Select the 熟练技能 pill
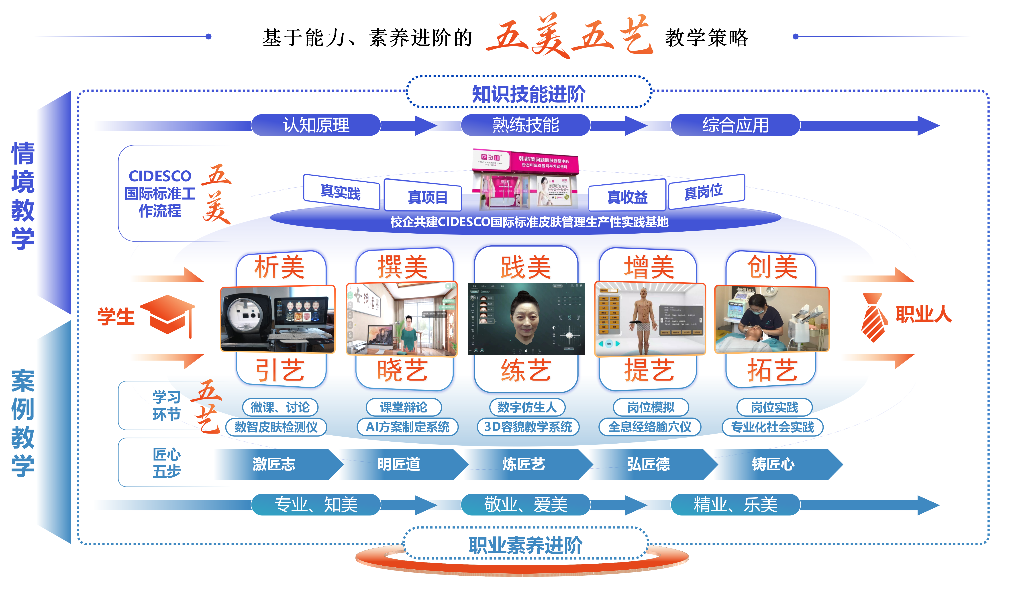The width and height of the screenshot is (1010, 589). pyautogui.click(x=525, y=125)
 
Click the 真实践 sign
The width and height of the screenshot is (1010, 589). pyautogui.click(x=341, y=192)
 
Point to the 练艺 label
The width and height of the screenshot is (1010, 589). pyautogui.click(x=525, y=370)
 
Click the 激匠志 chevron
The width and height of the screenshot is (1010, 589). pyautogui.click(x=274, y=464)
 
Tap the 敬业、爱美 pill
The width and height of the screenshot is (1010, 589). pyautogui.click(x=525, y=504)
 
